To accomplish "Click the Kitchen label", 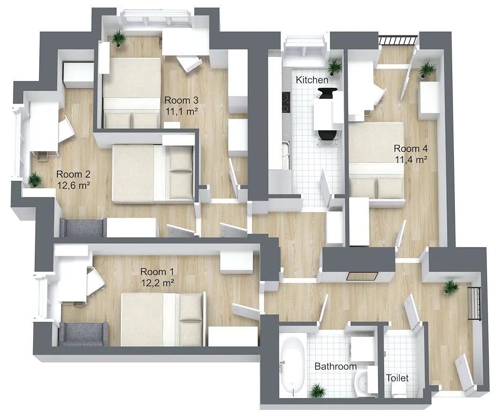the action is point(312,80).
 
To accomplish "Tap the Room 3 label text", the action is point(181,100).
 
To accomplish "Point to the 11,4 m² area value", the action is point(411,159).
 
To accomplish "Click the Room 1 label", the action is point(157,271).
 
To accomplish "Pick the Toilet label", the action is point(397,378).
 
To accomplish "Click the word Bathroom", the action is point(336,366).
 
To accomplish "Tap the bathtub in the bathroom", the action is point(293,365).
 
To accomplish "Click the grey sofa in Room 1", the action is point(83,334).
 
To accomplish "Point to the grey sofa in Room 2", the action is point(83,227).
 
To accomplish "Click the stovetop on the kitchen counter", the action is point(286,102).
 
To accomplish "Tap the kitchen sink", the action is point(286,155).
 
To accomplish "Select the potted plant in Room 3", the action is point(119,38).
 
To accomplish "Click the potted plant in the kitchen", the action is point(334,67).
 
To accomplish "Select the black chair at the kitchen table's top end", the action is point(327,93).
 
